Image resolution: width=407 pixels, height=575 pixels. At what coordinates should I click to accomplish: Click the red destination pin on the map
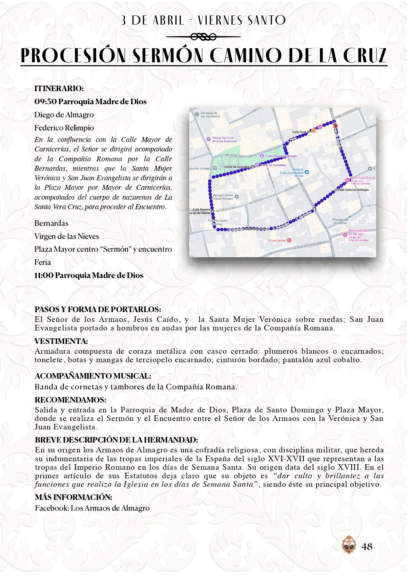335,126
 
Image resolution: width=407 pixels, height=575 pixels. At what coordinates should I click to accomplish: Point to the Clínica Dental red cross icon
289,240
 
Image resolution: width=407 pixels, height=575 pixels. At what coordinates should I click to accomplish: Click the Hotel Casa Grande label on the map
363,178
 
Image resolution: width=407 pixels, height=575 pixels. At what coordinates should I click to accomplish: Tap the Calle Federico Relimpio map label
353,190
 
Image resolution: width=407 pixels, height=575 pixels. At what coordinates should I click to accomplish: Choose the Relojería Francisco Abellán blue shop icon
307,172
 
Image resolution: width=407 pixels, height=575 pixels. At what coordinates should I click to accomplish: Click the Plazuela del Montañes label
340,221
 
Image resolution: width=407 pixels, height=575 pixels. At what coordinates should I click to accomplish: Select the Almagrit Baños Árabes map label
223,197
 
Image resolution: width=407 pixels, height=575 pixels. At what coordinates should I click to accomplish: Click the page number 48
367,546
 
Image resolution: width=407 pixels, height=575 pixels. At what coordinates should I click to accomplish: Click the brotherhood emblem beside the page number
349,545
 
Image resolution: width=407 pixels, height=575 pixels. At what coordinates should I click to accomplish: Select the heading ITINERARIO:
59,89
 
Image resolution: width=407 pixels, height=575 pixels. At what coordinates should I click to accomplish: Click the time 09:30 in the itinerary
46,102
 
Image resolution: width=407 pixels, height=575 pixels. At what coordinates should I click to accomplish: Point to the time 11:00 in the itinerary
44,275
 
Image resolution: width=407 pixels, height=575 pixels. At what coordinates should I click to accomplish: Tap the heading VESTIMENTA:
61,341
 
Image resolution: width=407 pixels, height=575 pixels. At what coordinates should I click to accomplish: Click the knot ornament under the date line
203,37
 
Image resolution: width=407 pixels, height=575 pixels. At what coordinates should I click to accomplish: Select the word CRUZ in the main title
365,56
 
